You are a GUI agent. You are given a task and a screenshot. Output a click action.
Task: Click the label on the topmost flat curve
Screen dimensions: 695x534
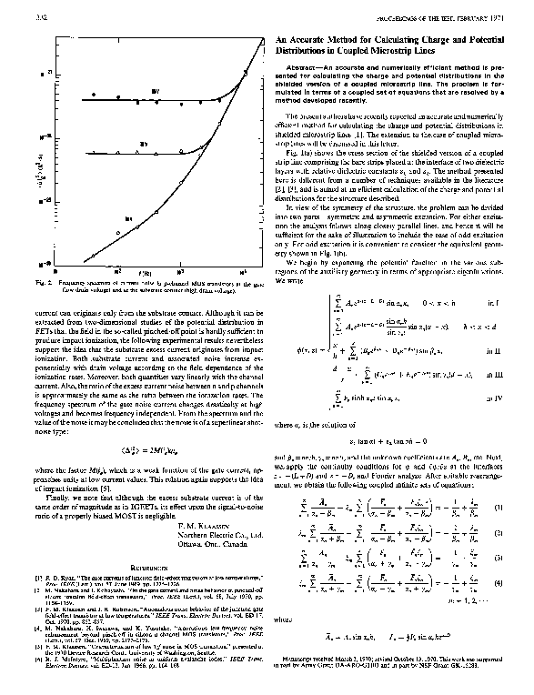click(x=156, y=92)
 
